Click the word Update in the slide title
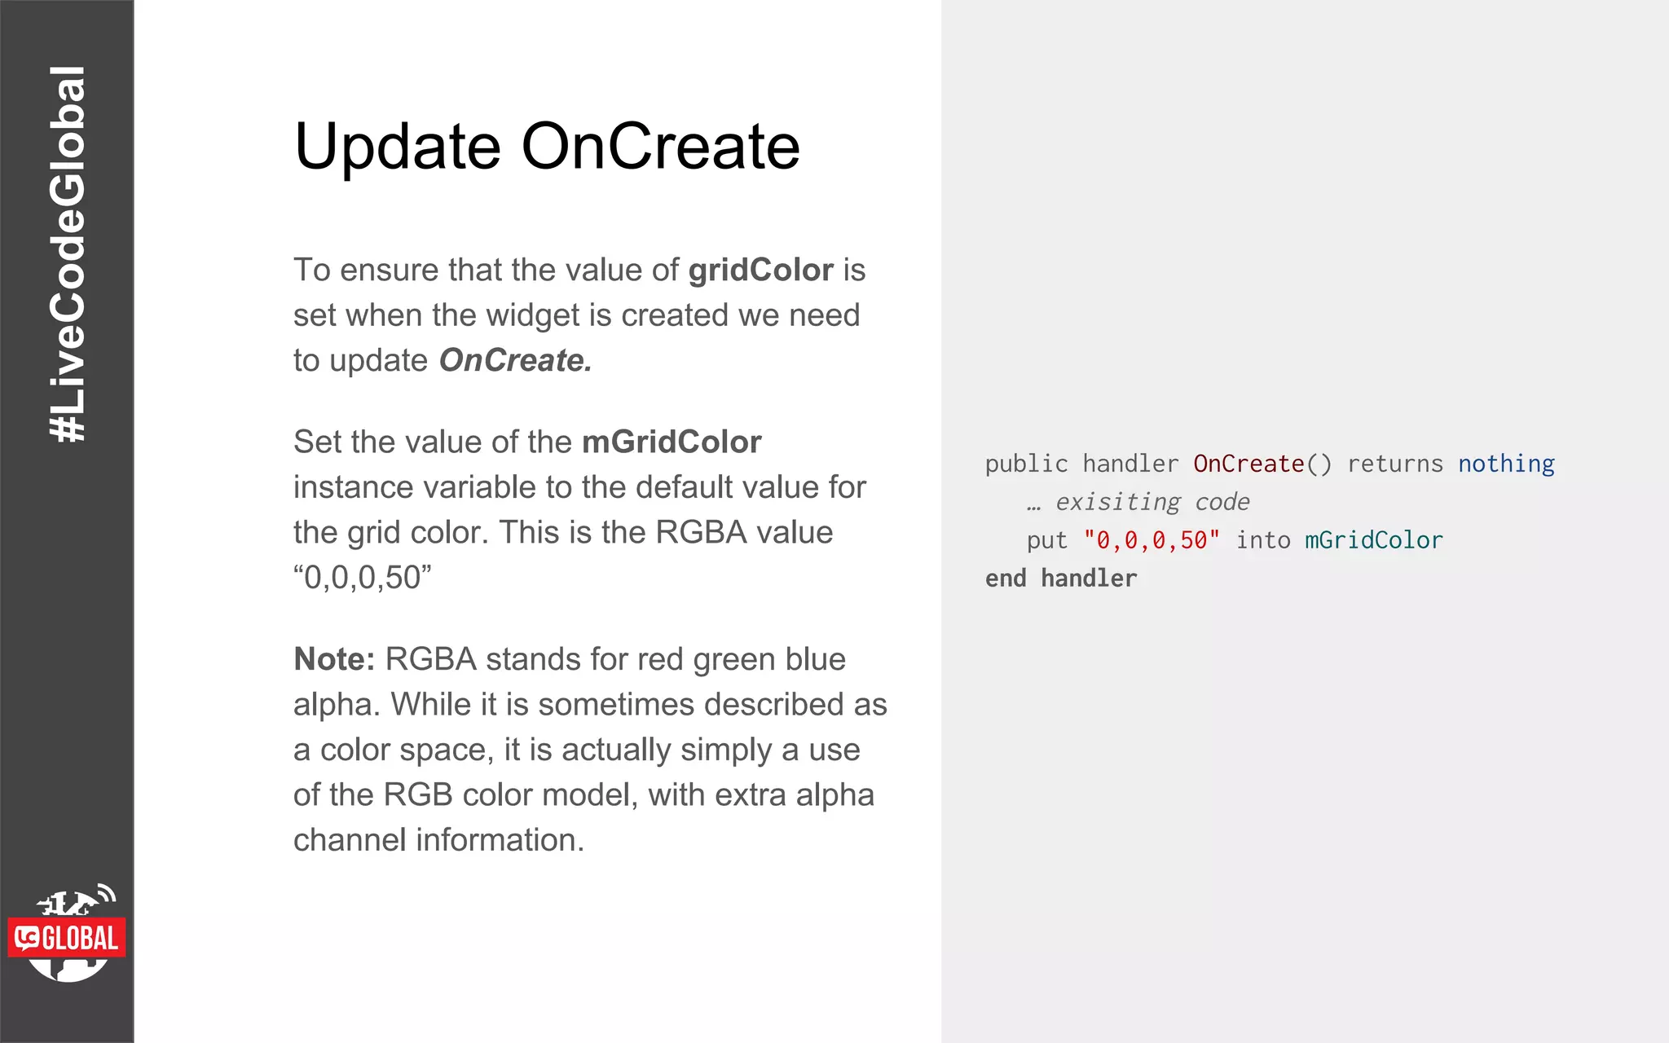[397, 147]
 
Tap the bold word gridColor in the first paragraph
[760, 271]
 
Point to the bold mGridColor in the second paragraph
[672, 442]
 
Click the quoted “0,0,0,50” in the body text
[362, 578]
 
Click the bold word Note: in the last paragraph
[334, 659]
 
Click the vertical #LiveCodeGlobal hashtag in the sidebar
[67, 254]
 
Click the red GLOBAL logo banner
[67, 938]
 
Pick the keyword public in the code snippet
[1026, 464]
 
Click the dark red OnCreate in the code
[1248, 464]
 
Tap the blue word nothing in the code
[1506, 464]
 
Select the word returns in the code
[1394, 464]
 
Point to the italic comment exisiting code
[1151, 503]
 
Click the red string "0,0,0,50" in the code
[1152, 541]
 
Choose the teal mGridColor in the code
[1373, 541]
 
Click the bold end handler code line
[1060, 579]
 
